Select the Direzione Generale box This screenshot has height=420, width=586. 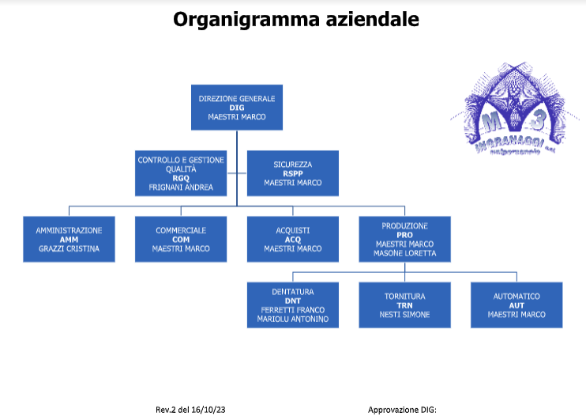[x=237, y=107]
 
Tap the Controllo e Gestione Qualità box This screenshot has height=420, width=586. [x=181, y=173]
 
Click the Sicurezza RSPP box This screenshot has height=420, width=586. [x=293, y=173]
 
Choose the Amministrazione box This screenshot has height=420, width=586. [x=69, y=239]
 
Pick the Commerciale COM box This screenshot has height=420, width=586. [x=181, y=239]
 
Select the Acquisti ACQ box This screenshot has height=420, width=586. [x=293, y=239]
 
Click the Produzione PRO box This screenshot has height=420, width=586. [x=405, y=239]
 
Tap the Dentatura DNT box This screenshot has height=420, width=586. [x=293, y=305]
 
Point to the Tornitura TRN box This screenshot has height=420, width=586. [x=405, y=305]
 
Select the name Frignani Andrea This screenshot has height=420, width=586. [x=181, y=188]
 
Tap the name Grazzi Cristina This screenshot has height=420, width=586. [x=69, y=248]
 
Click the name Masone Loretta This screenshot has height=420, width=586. [x=405, y=254]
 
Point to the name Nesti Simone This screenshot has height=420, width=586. [x=405, y=314]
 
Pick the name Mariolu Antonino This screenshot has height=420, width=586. [x=293, y=320]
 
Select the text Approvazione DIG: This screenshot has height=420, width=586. [x=402, y=410]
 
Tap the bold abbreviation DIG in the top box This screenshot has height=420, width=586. [x=237, y=107]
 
